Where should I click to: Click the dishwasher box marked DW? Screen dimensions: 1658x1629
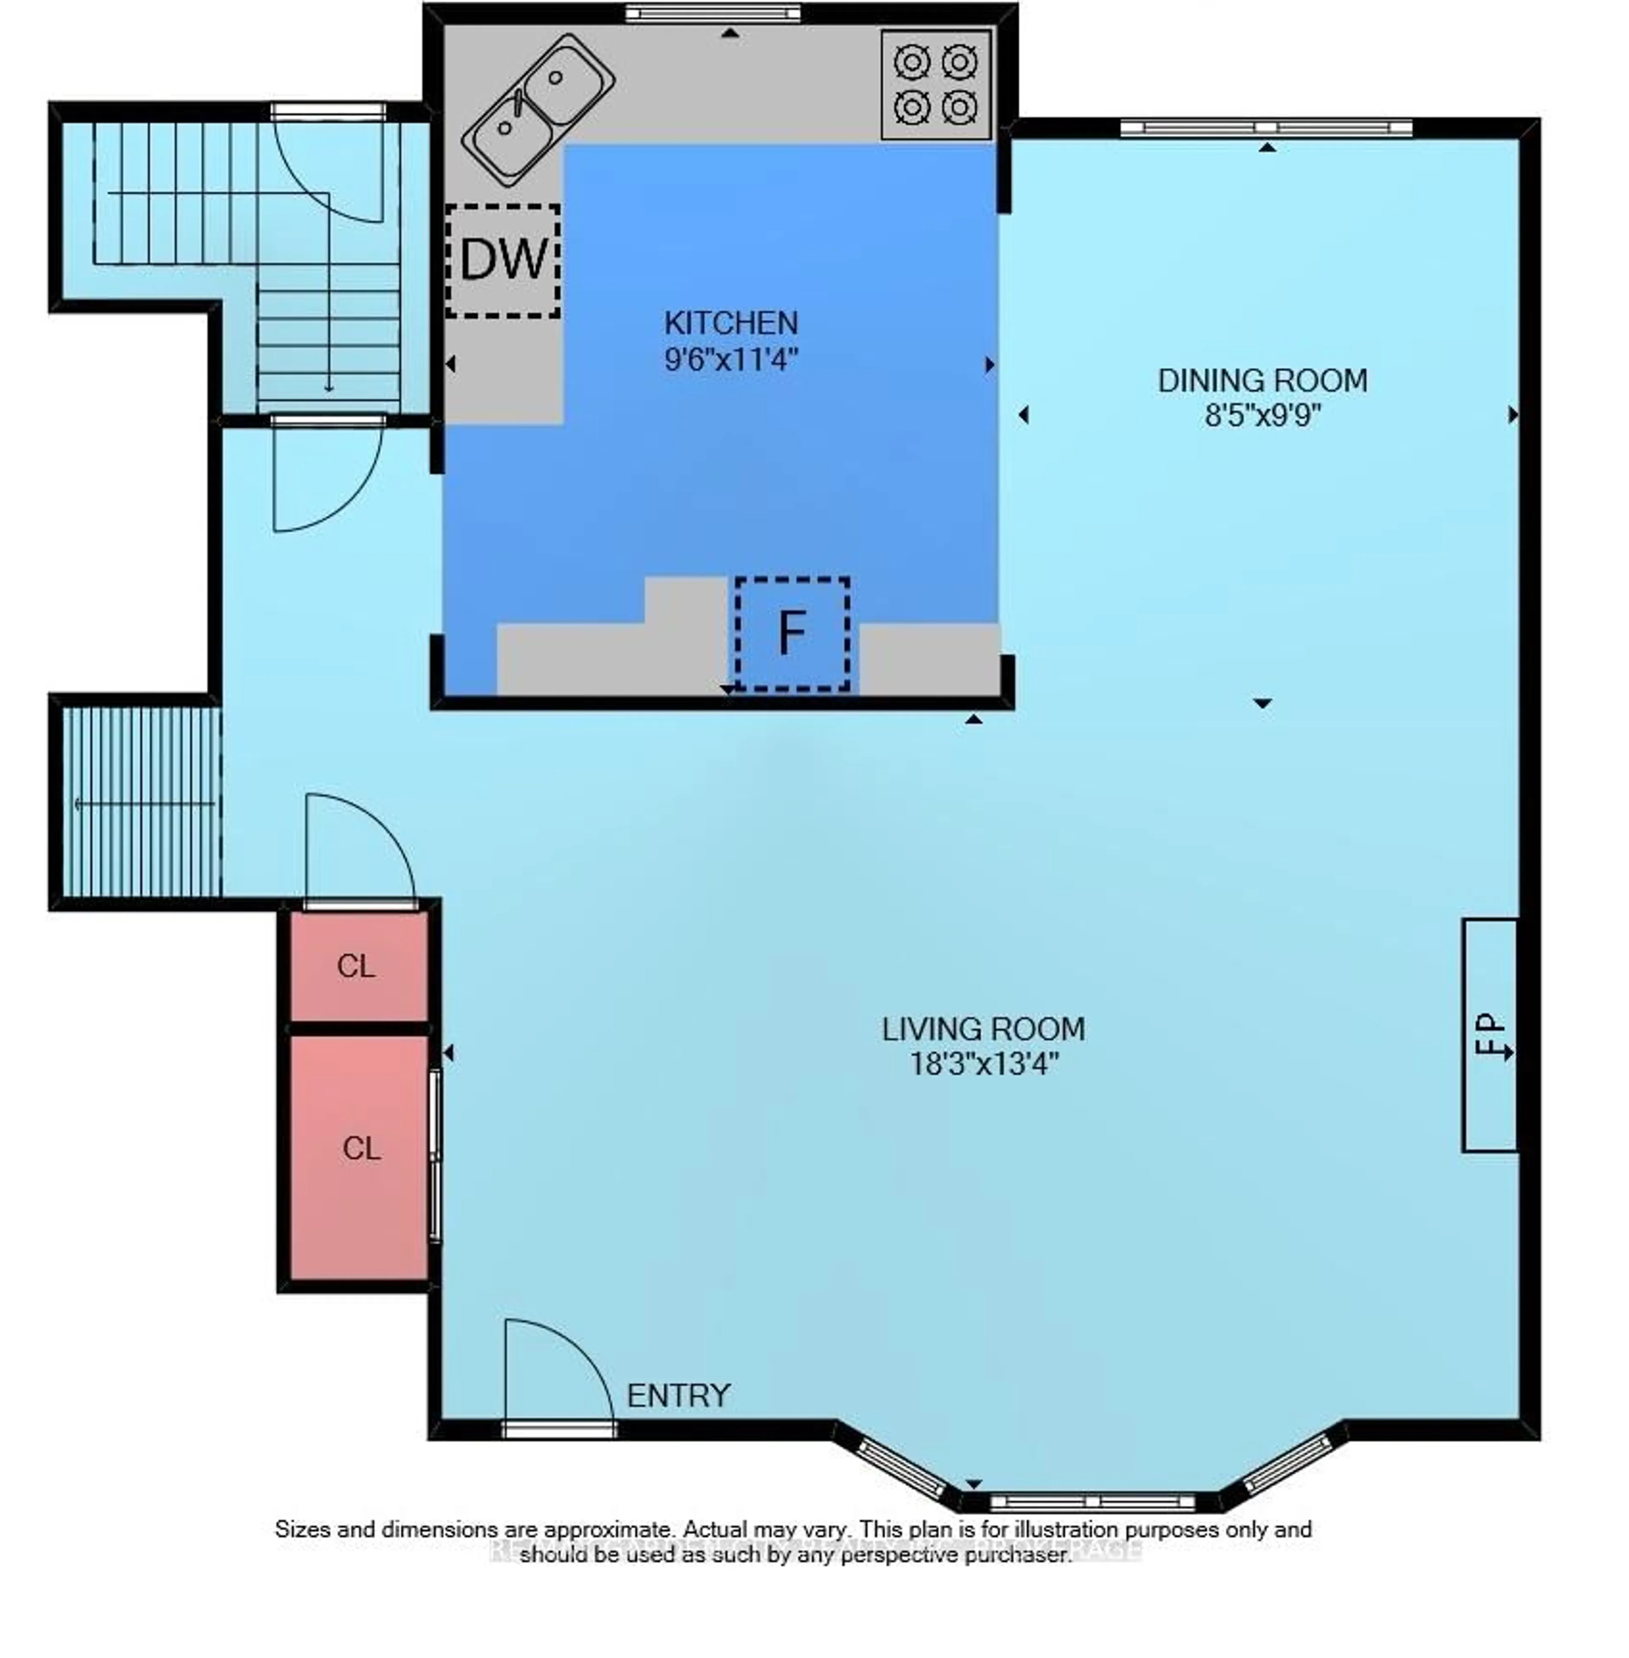[x=503, y=260]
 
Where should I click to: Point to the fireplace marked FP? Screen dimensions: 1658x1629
[x=1489, y=1035]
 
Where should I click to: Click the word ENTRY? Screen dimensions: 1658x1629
[x=678, y=1396]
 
